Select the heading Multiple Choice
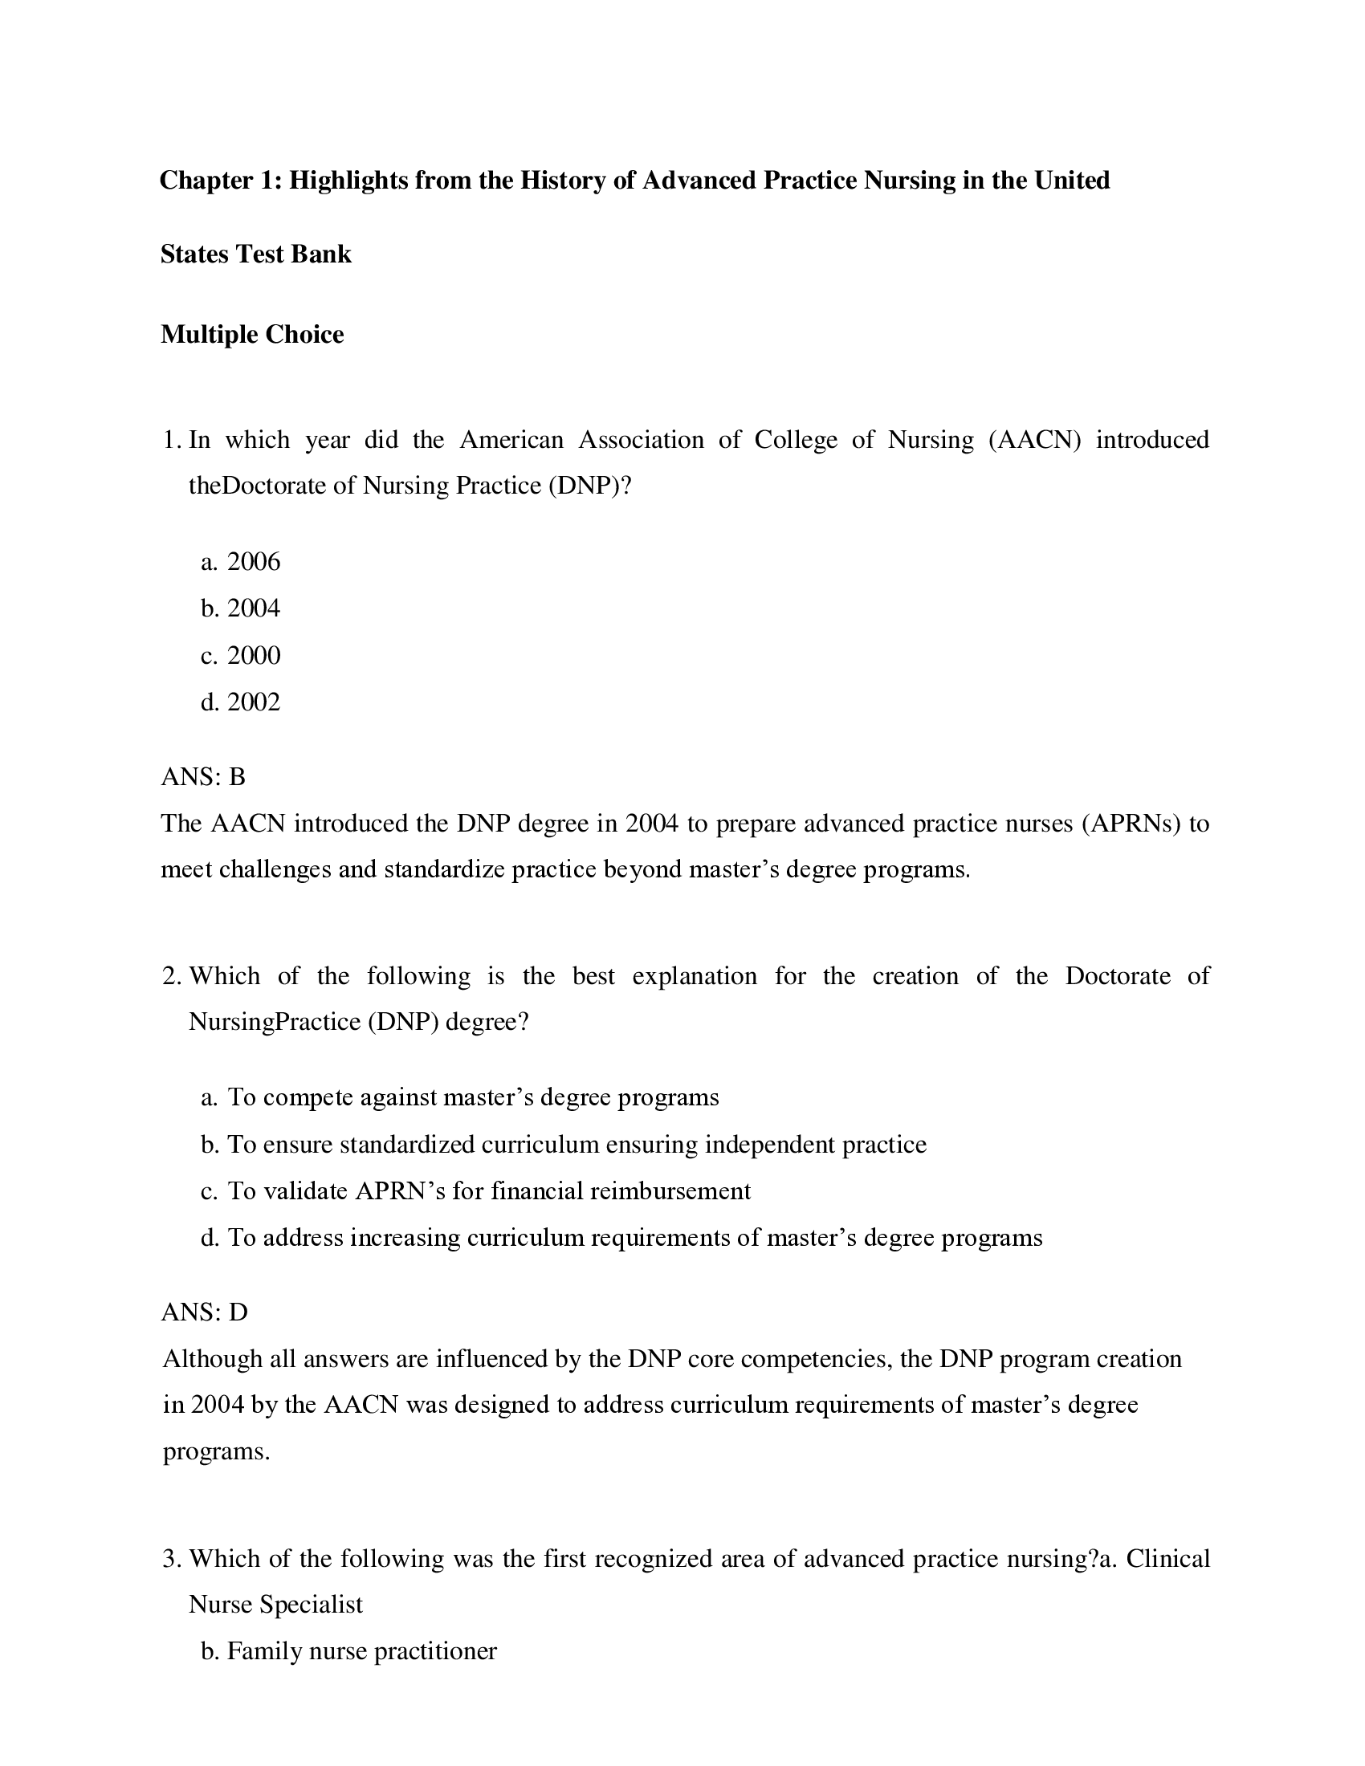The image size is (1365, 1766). coord(252,334)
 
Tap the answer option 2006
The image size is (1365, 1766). coord(253,562)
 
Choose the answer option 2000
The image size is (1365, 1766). coord(253,655)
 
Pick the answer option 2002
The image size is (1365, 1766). coord(253,702)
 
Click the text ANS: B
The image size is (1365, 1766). coord(203,777)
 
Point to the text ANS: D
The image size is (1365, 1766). coord(204,1312)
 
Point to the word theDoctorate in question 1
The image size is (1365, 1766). coord(259,486)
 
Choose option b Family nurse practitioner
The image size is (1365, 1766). coord(348,1651)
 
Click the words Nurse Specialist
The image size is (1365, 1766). coord(275,1605)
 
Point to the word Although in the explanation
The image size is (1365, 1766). coord(212,1359)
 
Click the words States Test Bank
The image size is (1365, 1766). coord(255,254)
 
